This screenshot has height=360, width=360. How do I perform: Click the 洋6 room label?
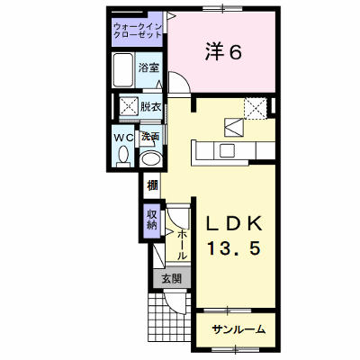[x=223, y=52]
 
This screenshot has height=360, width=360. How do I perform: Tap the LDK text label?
[x=235, y=223]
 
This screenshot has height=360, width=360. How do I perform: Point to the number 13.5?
[x=233, y=248]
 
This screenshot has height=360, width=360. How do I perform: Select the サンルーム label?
[x=238, y=329]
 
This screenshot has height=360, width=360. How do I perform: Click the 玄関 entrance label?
[x=172, y=279]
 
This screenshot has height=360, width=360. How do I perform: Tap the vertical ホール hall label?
[x=182, y=245]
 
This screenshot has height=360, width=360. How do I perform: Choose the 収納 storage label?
[x=152, y=220]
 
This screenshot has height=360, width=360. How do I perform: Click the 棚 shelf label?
[x=152, y=186]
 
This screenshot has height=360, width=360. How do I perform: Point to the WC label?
[x=124, y=138]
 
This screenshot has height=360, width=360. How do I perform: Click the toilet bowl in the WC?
[x=123, y=156]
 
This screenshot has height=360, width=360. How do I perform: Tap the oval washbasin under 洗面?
[x=151, y=158]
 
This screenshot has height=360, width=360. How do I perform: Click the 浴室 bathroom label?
[x=148, y=67]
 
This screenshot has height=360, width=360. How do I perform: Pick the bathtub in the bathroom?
[x=122, y=70]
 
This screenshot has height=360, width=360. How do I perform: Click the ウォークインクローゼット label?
[x=138, y=31]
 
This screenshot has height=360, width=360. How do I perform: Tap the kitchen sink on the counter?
[x=227, y=150]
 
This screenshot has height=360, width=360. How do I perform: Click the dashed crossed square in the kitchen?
[x=255, y=108]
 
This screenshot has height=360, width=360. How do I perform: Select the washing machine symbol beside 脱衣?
[x=129, y=105]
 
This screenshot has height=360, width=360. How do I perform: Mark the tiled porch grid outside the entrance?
[x=169, y=317]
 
